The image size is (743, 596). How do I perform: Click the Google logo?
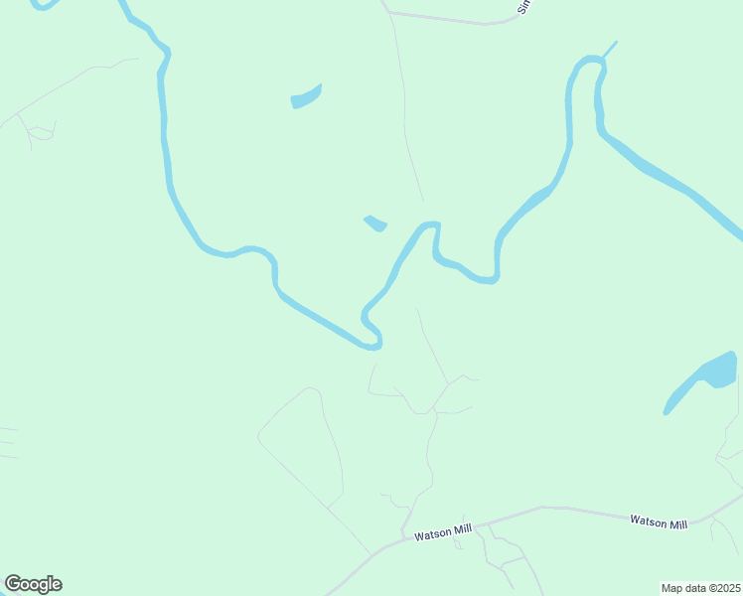(33, 584)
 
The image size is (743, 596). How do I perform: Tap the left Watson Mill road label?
(443, 532)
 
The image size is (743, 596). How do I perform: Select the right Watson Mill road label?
(659, 523)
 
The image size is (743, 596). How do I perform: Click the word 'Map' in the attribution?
(672, 588)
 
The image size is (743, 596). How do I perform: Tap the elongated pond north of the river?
(306, 97)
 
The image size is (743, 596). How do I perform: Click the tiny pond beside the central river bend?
(375, 223)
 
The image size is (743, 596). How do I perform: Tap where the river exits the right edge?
(737, 234)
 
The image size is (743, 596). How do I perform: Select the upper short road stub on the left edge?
(8, 430)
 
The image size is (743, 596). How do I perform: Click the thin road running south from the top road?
(403, 99)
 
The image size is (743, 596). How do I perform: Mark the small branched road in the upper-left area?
(40, 130)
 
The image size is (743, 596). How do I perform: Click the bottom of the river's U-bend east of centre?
(484, 279)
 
